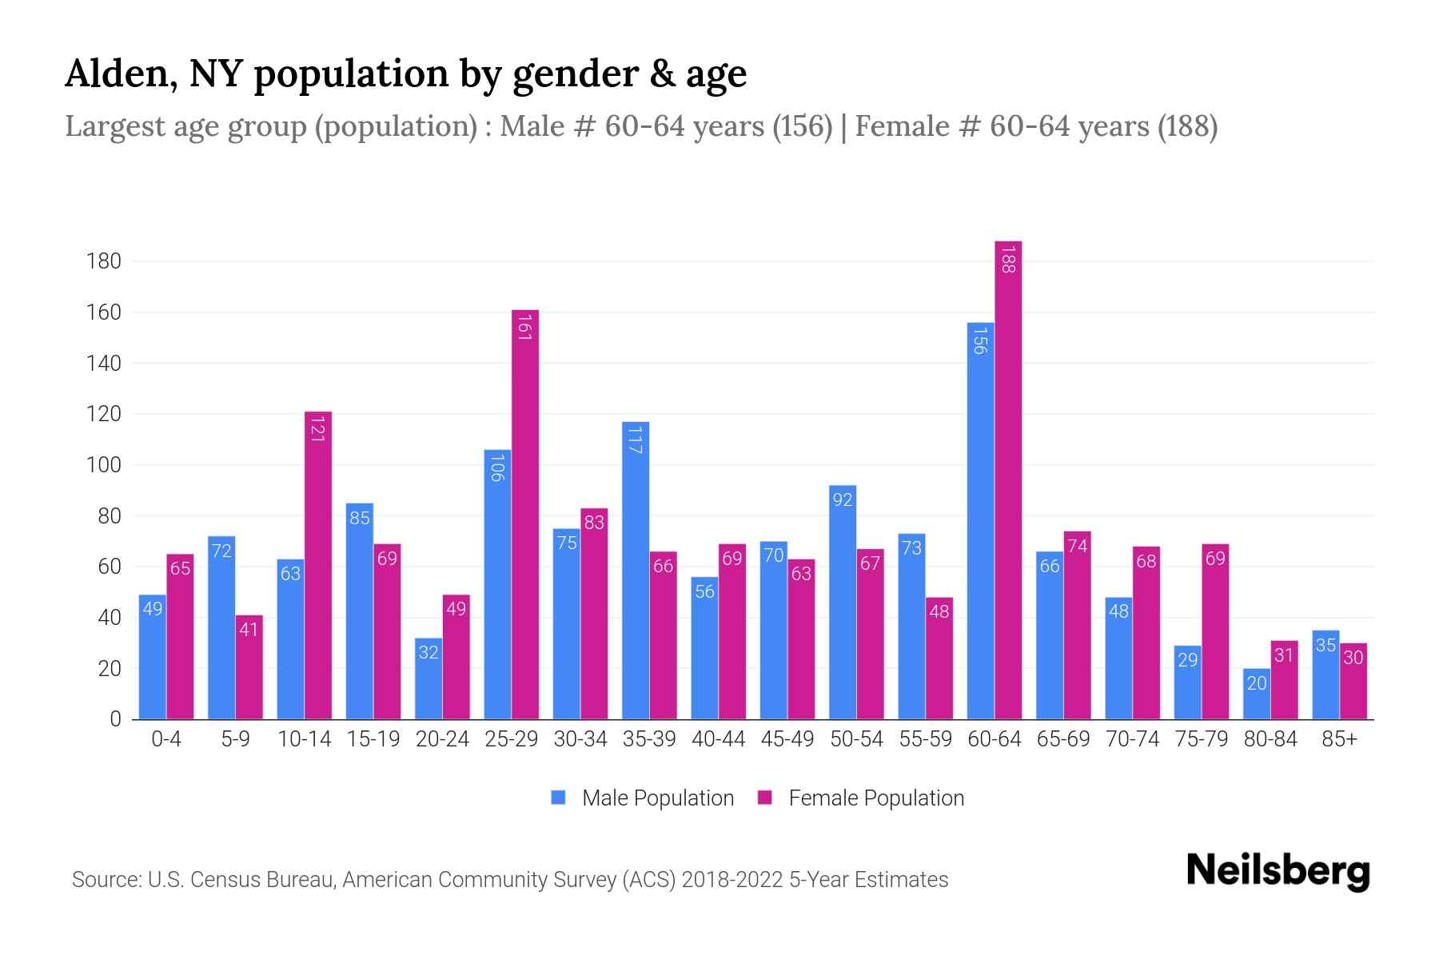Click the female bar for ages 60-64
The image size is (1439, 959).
(x=1008, y=479)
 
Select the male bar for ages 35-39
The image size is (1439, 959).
(x=636, y=571)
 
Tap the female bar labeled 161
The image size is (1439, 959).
(x=525, y=515)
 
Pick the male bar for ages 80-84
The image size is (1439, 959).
(x=1257, y=694)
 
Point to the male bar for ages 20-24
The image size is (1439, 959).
(x=429, y=678)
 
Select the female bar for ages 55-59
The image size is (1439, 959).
(x=939, y=659)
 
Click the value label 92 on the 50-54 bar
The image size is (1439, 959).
(x=843, y=499)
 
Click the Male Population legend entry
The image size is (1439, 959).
(x=643, y=798)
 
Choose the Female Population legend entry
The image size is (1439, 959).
(x=861, y=798)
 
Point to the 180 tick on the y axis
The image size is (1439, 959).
(x=104, y=261)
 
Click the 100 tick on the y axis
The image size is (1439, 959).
(x=104, y=465)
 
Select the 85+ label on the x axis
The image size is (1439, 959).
(x=1339, y=739)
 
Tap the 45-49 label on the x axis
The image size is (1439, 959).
(x=787, y=739)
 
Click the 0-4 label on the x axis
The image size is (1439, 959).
(x=166, y=739)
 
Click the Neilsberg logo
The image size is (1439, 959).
(x=1278, y=871)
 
